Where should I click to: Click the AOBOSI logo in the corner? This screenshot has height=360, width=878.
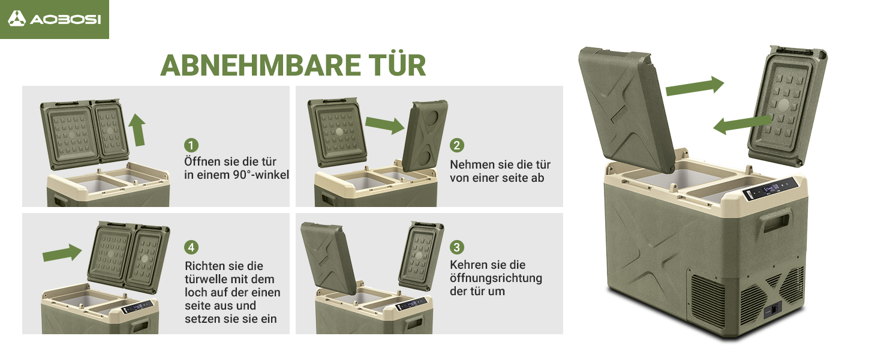[x=55, y=19]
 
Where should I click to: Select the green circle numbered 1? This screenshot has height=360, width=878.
[x=191, y=145]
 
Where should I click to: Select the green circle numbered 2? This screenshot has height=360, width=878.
[x=457, y=145]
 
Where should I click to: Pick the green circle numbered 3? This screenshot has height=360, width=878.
[x=457, y=247]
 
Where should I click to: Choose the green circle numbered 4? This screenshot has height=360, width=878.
[x=191, y=247]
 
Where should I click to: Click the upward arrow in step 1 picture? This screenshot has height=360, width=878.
[x=137, y=130]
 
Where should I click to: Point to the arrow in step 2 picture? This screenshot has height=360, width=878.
[x=384, y=125]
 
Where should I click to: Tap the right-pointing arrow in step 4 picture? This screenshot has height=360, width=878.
[x=62, y=253]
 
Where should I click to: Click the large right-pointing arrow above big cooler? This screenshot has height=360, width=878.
[x=695, y=86]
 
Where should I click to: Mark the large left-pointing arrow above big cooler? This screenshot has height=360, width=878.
[x=742, y=125]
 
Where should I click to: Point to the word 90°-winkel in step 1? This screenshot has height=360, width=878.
[x=261, y=175]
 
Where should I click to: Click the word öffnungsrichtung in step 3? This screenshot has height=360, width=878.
[x=496, y=278]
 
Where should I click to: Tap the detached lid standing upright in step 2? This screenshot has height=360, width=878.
[x=425, y=136]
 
